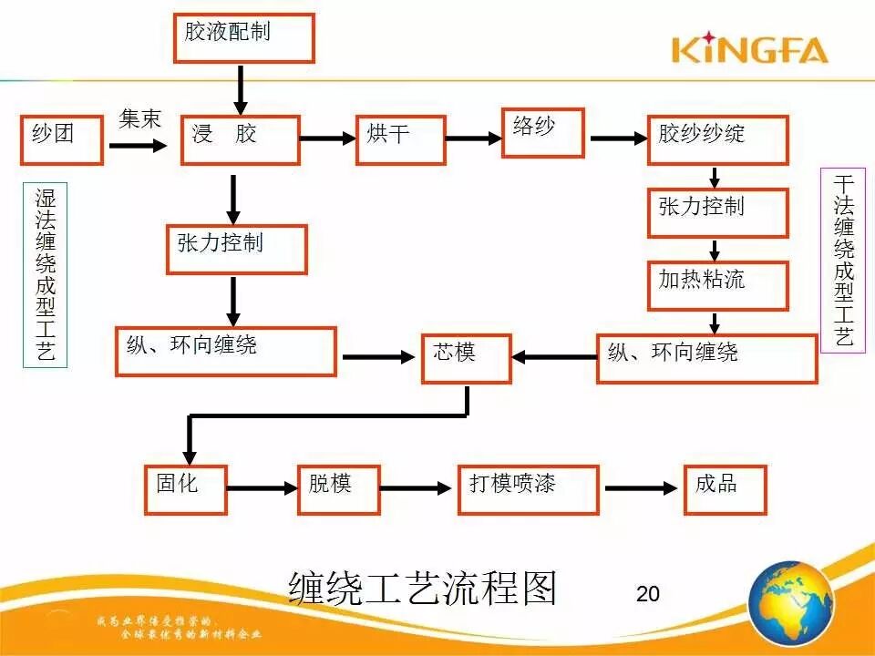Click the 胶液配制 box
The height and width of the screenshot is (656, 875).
(x=243, y=38)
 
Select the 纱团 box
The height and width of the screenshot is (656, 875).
(x=62, y=139)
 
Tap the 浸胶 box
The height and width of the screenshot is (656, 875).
(x=240, y=139)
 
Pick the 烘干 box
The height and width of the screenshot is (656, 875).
(x=400, y=139)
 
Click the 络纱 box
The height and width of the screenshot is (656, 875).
(x=543, y=133)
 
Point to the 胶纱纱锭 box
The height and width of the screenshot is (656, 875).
(x=717, y=139)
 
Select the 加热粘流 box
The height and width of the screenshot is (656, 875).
(x=717, y=285)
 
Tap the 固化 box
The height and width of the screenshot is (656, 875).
(x=185, y=489)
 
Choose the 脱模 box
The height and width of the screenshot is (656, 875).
(x=338, y=489)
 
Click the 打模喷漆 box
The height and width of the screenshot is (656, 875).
(x=528, y=489)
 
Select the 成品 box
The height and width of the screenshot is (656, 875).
(x=725, y=489)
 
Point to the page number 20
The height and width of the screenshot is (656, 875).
(x=647, y=594)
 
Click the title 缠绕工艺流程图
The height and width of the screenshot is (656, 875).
(x=422, y=589)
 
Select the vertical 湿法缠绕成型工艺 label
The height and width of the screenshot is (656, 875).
(x=45, y=274)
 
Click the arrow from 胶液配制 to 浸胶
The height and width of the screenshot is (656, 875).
(x=241, y=89)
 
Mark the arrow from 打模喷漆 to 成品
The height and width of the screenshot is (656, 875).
(x=642, y=489)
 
